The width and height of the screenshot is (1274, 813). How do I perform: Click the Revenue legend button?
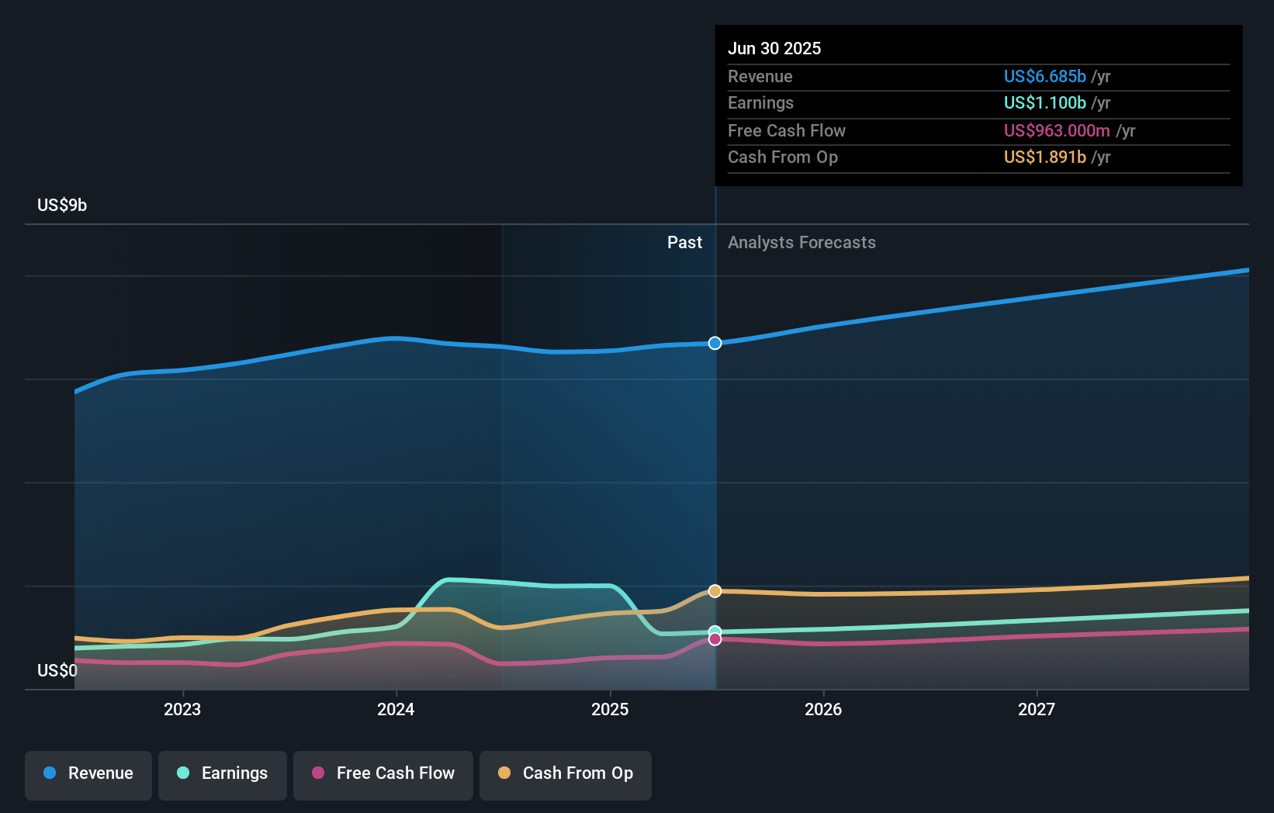tap(88, 774)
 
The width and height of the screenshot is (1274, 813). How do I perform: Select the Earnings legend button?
tap(223, 774)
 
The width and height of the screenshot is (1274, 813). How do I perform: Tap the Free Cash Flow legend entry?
tap(383, 774)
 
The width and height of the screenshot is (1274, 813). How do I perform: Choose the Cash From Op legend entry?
tap(566, 774)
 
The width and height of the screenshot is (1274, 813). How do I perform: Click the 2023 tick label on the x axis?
tap(182, 710)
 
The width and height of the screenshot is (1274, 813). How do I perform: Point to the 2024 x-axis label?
tap(396, 710)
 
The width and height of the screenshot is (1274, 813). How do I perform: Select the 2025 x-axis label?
tap(610, 710)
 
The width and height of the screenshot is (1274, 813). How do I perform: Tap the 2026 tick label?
tap(823, 710)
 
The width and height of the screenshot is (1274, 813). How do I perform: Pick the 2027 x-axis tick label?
tap(1037, 710)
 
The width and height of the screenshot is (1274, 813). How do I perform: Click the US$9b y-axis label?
tap(62, 206)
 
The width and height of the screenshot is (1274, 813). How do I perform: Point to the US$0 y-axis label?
tap(57, 671)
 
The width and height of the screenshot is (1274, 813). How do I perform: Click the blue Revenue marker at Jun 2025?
tap(715, 343)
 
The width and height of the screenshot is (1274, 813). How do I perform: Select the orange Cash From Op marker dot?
tap(715, 591)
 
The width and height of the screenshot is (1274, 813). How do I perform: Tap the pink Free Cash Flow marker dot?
tap(715, 639)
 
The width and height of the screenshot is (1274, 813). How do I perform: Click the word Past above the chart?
tap(684, 243)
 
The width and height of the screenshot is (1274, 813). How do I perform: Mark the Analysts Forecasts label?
tap(801, 243)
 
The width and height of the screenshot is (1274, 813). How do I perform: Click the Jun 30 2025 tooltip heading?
tap(774, 49)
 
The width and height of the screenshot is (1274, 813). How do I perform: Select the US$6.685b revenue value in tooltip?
tap(1044, 77)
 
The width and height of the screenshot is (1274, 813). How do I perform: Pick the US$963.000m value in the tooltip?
tap(1056, 131)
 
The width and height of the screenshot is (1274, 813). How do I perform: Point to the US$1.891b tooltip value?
tap(1044, 157)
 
